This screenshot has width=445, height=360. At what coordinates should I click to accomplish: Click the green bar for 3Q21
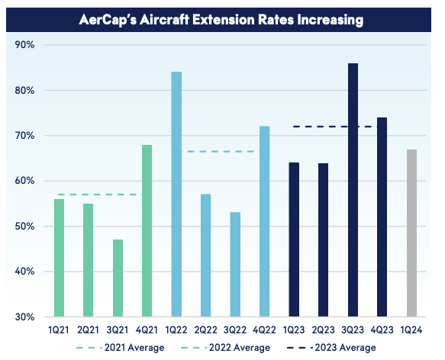click(118, 278)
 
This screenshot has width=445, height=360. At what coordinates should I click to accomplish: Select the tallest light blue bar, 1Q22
click(176, 194)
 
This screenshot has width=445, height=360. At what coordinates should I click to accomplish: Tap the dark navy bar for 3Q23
click(353, 190)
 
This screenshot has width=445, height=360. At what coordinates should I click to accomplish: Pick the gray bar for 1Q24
click(411, 233)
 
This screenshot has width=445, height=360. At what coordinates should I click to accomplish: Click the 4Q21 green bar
click(147, 230)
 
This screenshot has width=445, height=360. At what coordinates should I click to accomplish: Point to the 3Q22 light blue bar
click(235, 265)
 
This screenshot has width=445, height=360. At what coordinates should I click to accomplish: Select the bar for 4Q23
click(382, 217)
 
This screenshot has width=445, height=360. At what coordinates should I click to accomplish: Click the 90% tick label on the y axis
click(24, 45)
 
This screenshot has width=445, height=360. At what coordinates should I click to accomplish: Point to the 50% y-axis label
click(24, 227)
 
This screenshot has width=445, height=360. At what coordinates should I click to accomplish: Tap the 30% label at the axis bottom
click(24, 317)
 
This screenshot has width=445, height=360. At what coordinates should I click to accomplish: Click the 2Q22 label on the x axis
click(206, 330)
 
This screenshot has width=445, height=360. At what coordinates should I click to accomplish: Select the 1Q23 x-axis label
click(294, 330)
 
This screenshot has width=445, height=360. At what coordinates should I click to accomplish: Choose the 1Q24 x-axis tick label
click(411, 330)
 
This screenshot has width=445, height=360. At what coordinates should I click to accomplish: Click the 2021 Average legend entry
click(120, 348)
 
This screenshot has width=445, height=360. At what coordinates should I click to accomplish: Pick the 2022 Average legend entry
click(225, 348)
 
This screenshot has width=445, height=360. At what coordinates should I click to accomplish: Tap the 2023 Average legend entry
click(331, 348)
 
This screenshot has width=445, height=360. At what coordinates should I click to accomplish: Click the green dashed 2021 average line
click(100, 194)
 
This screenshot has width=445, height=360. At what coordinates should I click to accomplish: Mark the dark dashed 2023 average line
click(335, 127)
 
